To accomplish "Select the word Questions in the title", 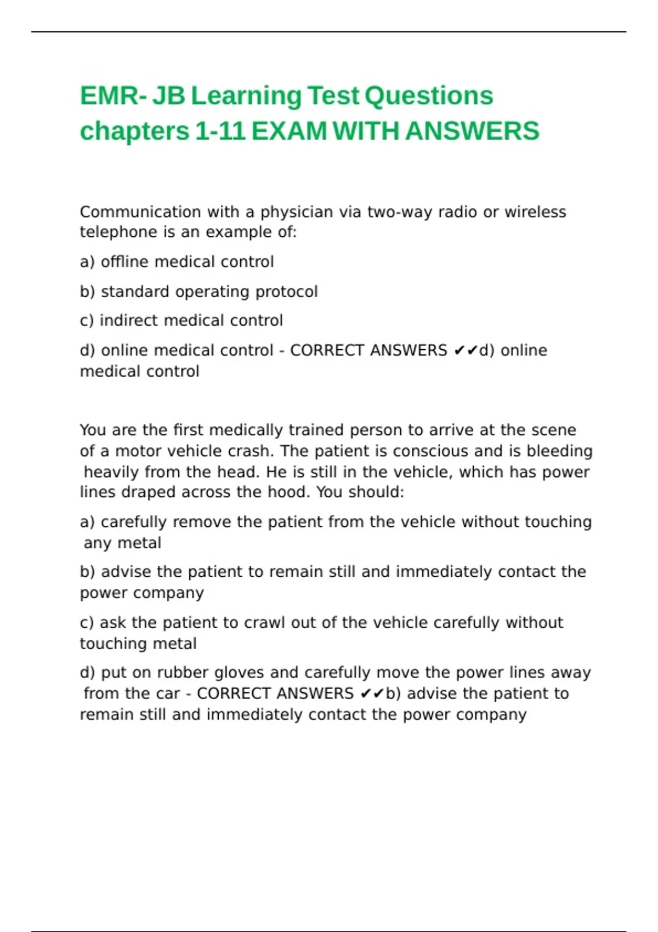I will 429,96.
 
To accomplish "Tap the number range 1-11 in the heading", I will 220,132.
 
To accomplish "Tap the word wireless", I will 535,212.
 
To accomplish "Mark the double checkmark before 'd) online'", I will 466,350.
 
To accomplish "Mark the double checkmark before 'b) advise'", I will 372,694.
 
